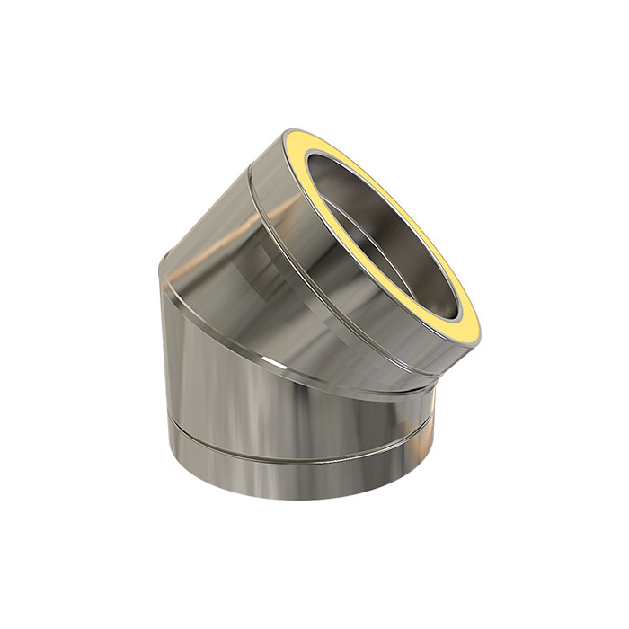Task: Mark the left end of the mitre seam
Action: coord(162,265)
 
